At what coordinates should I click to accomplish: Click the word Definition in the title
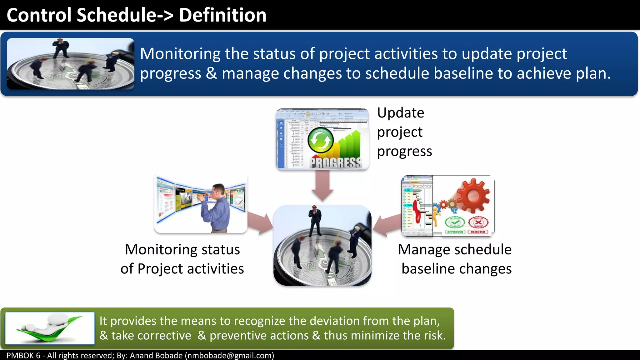(222, 15)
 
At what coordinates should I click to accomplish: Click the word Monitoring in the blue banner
(180, 54)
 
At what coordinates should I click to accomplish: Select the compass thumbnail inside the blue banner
(71, 64)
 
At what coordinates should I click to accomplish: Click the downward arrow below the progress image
(322, 186)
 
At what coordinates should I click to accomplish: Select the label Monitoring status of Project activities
(182, 259)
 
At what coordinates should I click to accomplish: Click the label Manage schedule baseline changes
(455, 259)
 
